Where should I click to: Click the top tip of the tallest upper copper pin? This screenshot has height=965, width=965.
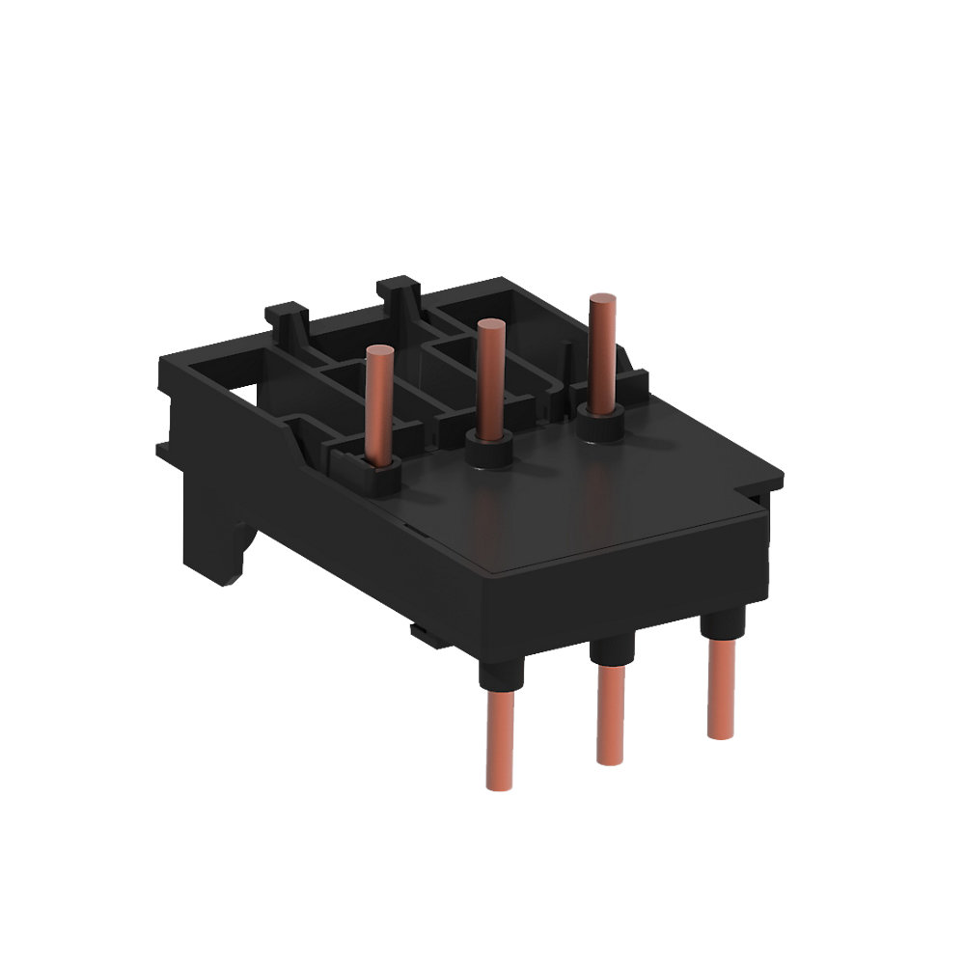[603, 298]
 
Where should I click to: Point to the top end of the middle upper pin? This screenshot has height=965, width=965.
[490, 325]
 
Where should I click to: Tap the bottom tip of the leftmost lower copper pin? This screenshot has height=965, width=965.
[501, 784]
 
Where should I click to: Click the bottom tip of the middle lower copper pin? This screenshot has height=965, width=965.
[609, 759]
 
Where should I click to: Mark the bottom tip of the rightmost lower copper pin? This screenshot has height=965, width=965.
[720, 733]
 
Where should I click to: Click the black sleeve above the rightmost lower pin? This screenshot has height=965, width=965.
[720, 628]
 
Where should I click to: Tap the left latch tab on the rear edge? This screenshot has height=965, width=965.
[287, 317]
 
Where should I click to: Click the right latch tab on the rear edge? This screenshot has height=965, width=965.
[399, 289]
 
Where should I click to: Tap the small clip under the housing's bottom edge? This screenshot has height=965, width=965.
[422, 633]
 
